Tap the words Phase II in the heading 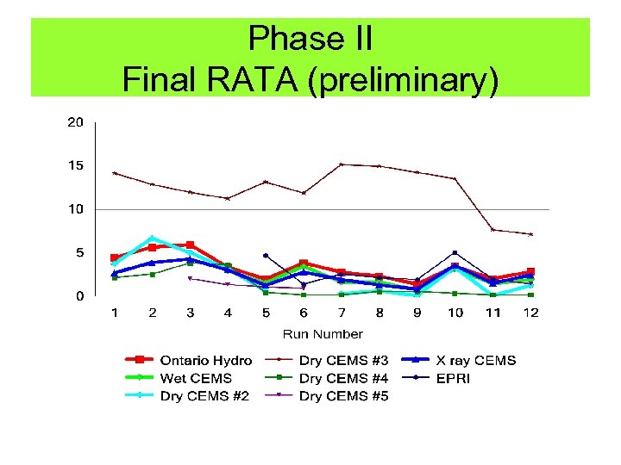(x=310, y=39)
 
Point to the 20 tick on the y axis (x=76, y=122)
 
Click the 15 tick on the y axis (x=76, y=165)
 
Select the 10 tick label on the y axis (x=76, y=209)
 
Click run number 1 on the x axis (x=115, y=313)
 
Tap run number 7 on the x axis (x=342, y=313)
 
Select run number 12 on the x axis (x=530, y=313)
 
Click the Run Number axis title (x=323, y=334)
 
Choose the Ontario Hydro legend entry (x=205, y=361)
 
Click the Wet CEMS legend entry (x=195, y=378)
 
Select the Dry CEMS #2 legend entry (x=204, y=396)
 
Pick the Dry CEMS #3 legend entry (x=343, y=361)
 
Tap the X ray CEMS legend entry (x=474, y=361)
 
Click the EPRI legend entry (x=454, y=378)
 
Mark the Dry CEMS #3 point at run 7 (x=342, y=164)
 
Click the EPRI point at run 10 (x=455, y=253)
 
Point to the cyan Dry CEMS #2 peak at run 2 (x=153, y=238)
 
